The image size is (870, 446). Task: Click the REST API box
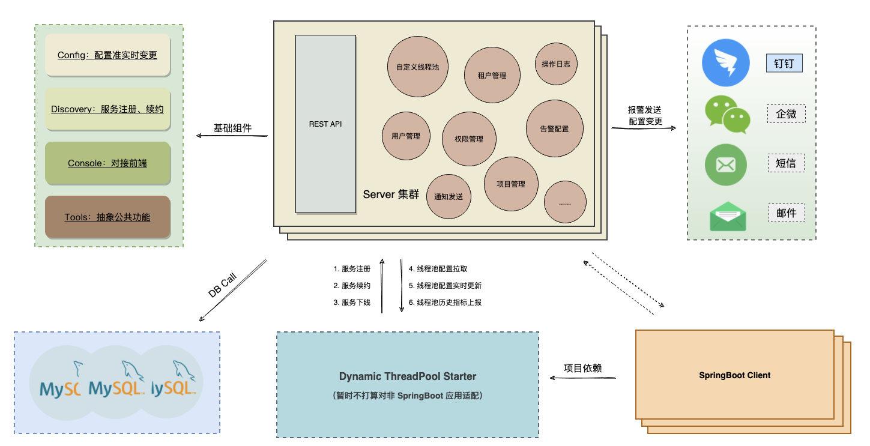[325, 124]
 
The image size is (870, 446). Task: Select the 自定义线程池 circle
[417, 67]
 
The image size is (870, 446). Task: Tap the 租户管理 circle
[492, 75]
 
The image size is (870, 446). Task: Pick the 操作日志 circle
[555, 64]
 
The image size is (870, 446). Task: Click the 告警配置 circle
[554, 128]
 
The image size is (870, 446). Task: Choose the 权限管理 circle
[469, 139]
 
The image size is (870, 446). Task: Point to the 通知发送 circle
[449, 196]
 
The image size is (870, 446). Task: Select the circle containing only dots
[565, 202]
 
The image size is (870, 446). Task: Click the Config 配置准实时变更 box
[107, 55]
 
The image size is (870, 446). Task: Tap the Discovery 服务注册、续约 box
[107, 109]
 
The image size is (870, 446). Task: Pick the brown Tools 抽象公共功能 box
[107, 217]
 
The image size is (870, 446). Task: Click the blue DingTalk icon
[726, 63]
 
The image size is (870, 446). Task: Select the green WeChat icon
[727, 115]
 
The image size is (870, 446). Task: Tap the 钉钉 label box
[784, 64]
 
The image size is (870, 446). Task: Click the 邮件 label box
[786, 213]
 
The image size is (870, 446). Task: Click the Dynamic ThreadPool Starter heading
[407, 376]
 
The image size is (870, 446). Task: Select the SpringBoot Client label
[734, 375]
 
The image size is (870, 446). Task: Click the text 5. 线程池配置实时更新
[445, 286]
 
